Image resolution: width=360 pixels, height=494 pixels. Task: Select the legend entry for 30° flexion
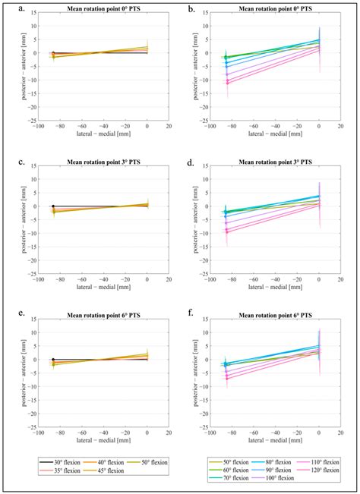point(58,461)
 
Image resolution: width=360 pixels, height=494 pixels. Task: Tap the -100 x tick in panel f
point(207,433)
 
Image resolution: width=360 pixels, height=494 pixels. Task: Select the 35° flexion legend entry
point(58,469)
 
